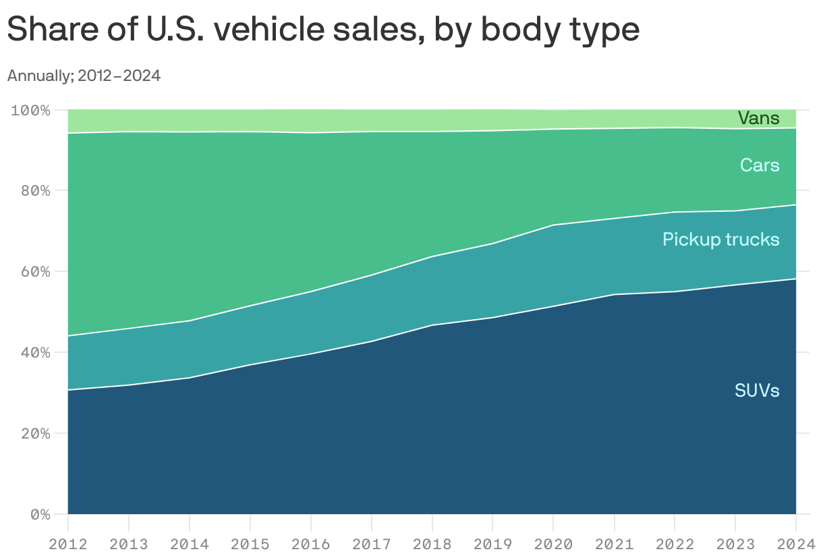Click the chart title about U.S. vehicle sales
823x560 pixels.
(323, 30)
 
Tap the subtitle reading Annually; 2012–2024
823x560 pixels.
(84, 76)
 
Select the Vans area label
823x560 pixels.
(758, 118)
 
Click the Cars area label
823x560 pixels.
(759, 165)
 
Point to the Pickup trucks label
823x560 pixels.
(720, 239)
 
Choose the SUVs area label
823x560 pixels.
(757, 390)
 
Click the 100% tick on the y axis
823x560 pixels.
(31, 110)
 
